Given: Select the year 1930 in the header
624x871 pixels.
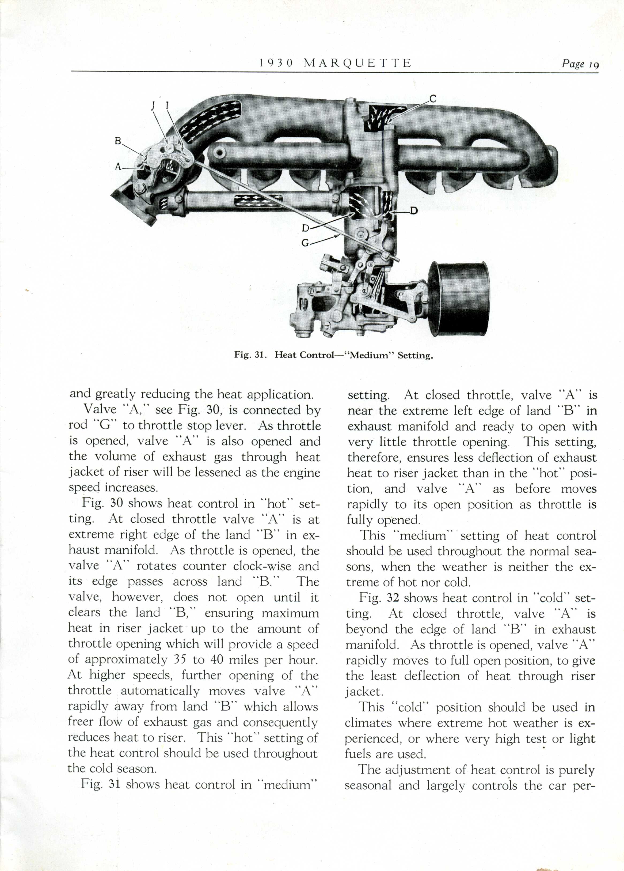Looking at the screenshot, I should tap(276, 63).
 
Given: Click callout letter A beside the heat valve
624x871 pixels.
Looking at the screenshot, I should tap(118, 167).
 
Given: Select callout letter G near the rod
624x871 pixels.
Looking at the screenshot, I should tap(305, 243).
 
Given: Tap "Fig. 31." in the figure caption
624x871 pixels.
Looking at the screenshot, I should tap(250, 355).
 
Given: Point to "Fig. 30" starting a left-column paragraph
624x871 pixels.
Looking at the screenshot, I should tap(102, 503).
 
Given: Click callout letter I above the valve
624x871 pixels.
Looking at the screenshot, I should tap(167, 105).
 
